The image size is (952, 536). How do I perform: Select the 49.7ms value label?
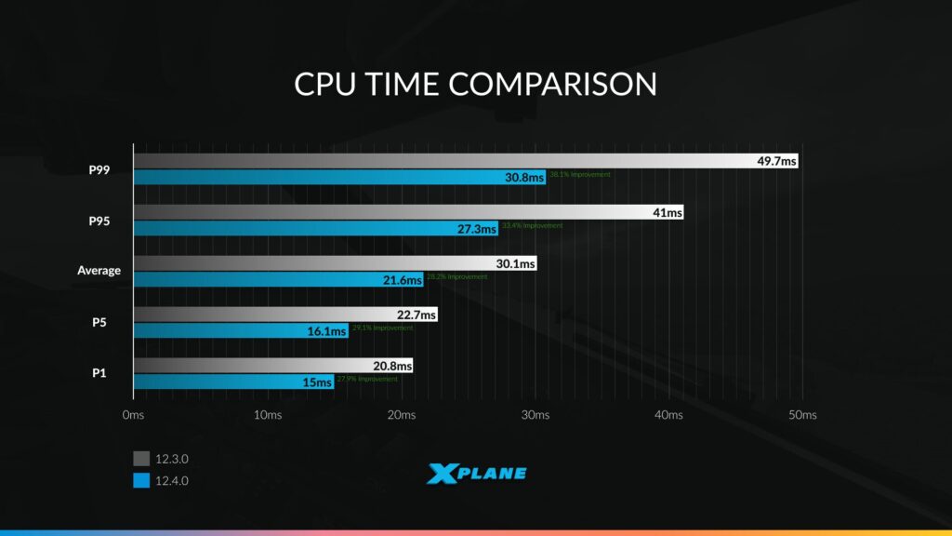(776, 161)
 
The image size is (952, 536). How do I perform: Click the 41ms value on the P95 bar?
(668, 212)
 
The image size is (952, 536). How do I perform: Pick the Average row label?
(99, 271)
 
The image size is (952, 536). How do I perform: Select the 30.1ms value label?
(516, 263)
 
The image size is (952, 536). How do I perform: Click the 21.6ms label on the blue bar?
(403, 279)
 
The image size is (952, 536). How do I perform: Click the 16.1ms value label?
(329, 330)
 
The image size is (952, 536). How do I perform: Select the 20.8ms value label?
(392, 366)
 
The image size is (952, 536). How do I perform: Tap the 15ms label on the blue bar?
(317, 382)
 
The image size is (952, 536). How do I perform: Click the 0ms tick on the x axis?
(133, 414)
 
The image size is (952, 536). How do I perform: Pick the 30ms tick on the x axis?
(535, 414)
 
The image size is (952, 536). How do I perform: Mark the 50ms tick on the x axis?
(802, 414)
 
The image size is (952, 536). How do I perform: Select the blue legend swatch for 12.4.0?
(141, 480)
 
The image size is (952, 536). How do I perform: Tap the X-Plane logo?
(476, 474)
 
